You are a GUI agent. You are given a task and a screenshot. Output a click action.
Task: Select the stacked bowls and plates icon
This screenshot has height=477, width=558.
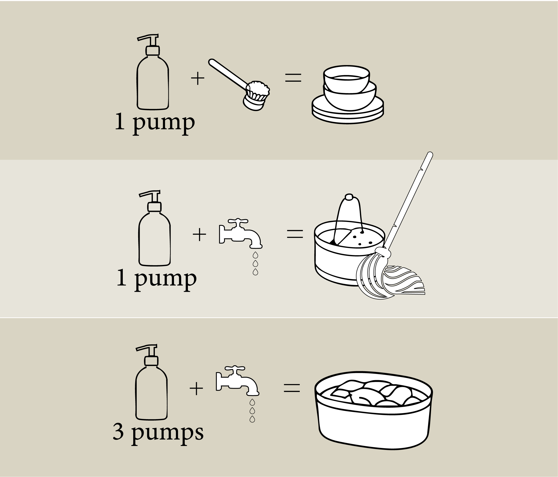click(x=348, y=94)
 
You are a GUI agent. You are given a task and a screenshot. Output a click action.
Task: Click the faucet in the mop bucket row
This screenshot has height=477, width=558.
click(x=241, y=233)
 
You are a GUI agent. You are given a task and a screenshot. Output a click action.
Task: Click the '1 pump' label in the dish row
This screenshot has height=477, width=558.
click(x=155, y=123)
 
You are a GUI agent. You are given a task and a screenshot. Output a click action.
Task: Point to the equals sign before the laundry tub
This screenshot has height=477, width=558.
click(x=292, y=388)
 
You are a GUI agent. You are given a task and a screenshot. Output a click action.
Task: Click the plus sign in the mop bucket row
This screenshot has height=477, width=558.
click(x=199, y=234)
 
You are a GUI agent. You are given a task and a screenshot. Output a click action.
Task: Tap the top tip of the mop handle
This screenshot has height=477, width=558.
click(x=430, y=154)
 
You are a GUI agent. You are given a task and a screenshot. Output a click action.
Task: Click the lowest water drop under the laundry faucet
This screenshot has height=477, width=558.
click(x=252, y=419)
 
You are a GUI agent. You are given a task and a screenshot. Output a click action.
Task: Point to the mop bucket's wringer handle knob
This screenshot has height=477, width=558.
click(x=349, y=197)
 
